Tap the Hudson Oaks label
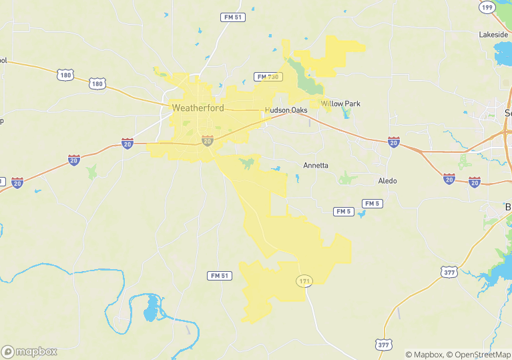click(286, 110)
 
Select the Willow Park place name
click(340, 104)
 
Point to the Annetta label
click(316, 165)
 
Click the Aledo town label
click(387, 181)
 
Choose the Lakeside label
click(493, 34)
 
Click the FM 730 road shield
click(268, 77)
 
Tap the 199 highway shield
click(487, 7)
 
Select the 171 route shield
click(304, 281)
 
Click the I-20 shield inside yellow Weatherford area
click(208, 140)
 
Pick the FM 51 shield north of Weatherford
click(232, 17)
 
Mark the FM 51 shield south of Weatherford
click(219, 276)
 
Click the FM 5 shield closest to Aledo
click(372, 203)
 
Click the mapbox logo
click(29, 351)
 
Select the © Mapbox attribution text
click(425, 355)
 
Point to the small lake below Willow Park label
click(346, 114)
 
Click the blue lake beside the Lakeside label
click(503, 51)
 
